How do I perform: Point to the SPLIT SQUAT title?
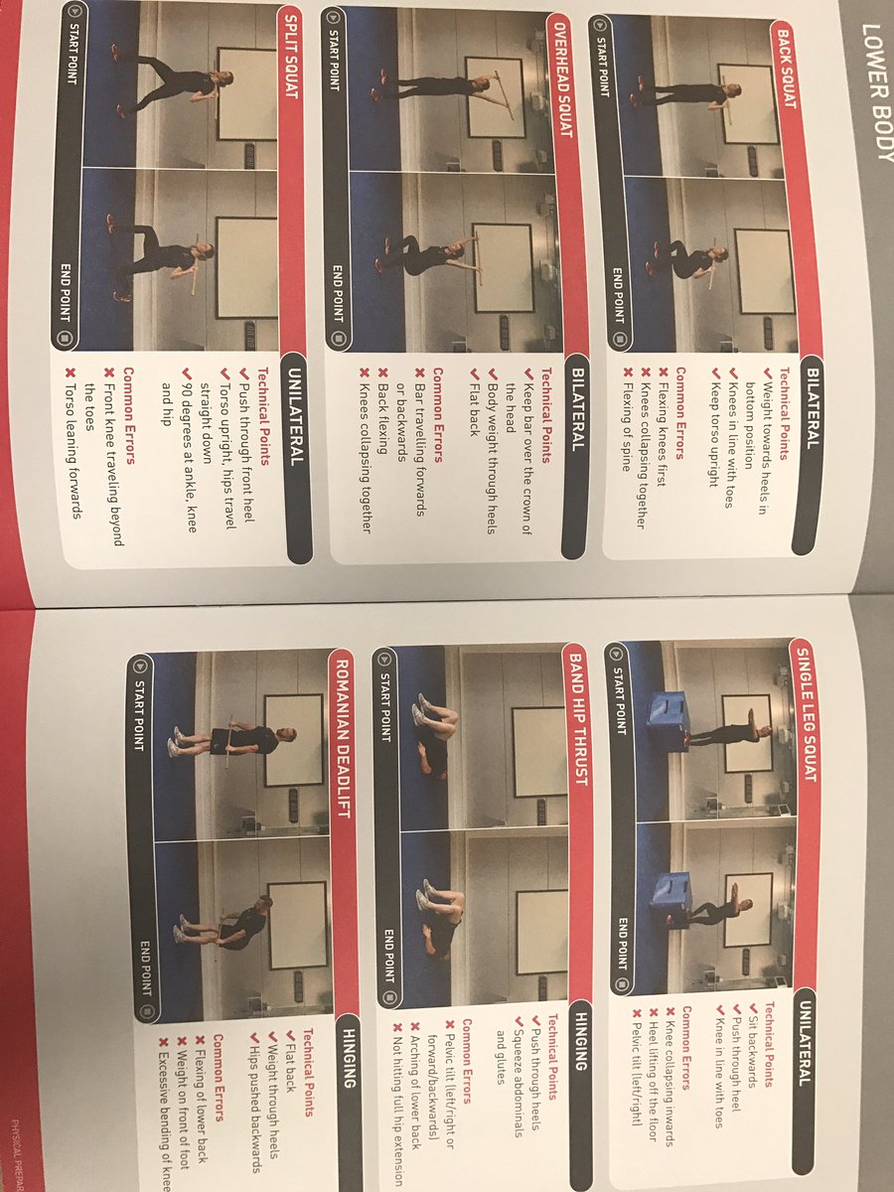pos(290,58)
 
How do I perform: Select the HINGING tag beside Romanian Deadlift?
pos(349,1058)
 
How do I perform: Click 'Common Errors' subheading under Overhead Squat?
pos(437,416)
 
